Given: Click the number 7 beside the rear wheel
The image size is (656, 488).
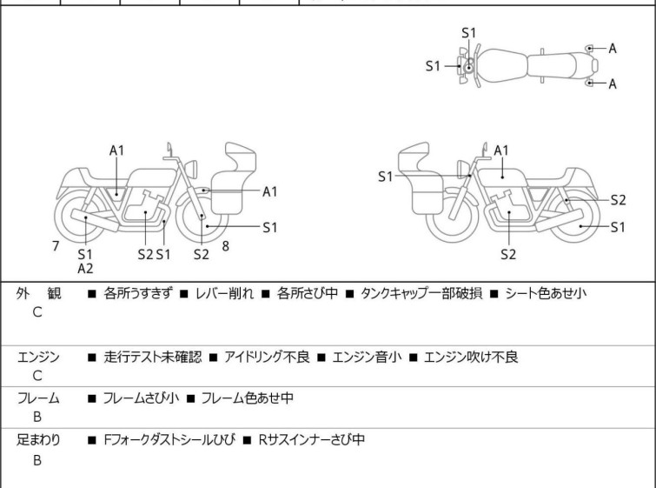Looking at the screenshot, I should click(56, 246).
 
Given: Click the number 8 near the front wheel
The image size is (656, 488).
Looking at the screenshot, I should click(225, 246).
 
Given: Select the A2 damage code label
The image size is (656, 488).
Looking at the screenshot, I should click(85, 269).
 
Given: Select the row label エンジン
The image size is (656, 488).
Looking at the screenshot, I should click(38, 357).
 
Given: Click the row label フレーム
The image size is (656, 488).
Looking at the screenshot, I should click(38, 398).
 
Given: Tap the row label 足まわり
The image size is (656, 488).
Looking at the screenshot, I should click(38, 440).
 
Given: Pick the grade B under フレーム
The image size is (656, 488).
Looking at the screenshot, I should click(37, 418).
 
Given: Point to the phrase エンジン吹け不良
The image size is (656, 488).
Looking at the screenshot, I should click(470, 357).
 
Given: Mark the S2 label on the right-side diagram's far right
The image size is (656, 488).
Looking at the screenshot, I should click(618, 199).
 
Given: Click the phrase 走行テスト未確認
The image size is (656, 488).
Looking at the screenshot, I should click(152, 357).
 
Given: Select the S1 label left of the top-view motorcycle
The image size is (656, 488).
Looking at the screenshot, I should click(434, 65).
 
